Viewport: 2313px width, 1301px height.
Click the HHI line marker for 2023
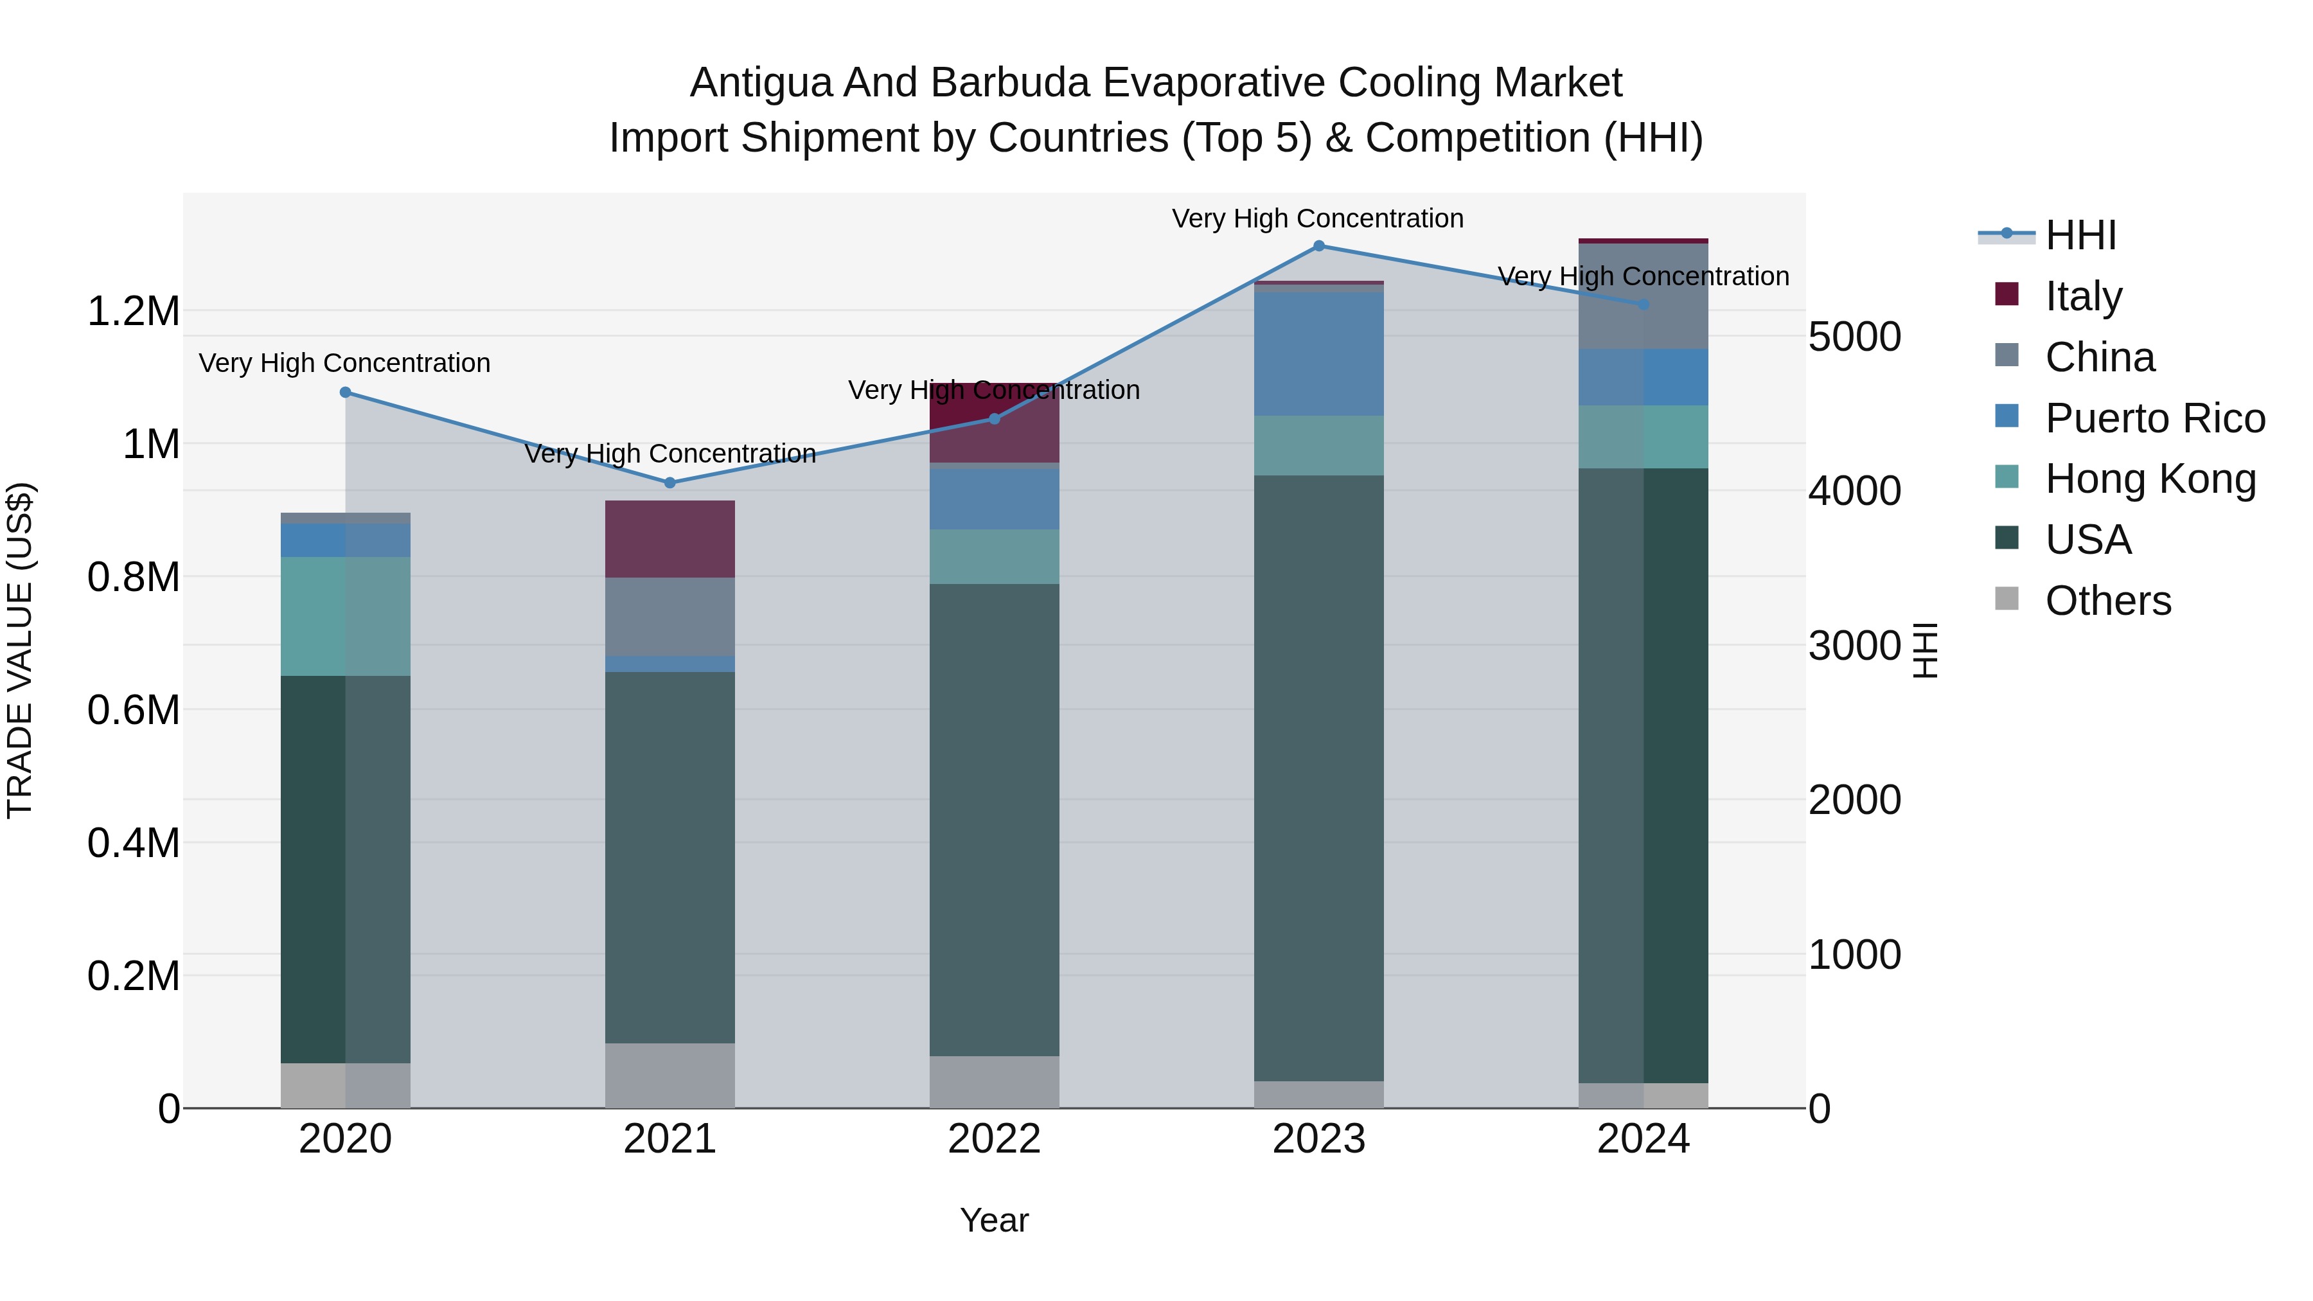(x=1318, y=246)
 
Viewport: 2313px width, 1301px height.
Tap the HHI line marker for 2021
(x=670, y=483)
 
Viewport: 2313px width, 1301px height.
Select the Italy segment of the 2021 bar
(x=670, y=539)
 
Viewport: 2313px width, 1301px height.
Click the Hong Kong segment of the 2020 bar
(x=346, y=616)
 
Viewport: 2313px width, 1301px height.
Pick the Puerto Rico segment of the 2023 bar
(x=1318, y=354)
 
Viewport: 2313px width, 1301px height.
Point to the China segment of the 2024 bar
(x=1643, y=296)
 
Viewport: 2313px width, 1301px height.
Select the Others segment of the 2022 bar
(x=994, y=1082)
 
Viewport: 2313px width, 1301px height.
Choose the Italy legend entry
(x=2083, y=296)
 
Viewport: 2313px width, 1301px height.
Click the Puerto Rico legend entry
(x=2155, y=418)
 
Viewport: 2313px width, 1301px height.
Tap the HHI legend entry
(x=2080, y=235)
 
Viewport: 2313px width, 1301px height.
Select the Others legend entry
(x=2107, y=601)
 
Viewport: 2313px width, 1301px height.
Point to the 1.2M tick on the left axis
(x=133, y=312)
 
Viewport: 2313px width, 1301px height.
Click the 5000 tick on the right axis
(x=1854, y=337)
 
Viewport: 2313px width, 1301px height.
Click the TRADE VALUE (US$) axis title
(x=20, y=650)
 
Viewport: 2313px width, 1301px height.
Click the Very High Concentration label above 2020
(x=345, y=364)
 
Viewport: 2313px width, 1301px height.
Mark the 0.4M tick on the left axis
(x=133, y=843)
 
